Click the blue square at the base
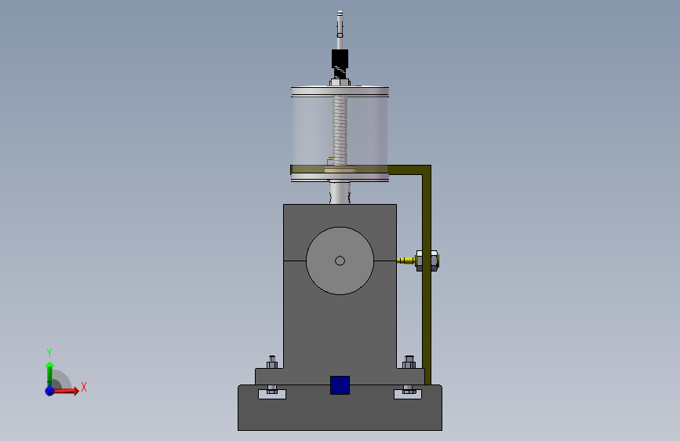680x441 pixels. click(340, 385)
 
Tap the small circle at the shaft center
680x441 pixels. click(340, 261)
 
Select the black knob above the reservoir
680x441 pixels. click(340, 59)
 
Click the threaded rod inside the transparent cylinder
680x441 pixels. click(340, 130)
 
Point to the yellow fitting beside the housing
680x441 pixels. click(406, 261)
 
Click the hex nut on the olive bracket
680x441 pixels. click(427, 261)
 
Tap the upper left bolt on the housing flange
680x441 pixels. click(272, 362)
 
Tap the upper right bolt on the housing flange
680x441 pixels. click(409, 362)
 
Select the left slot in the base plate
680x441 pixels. click(272, 394)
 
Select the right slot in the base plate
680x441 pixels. click(408, 394)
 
